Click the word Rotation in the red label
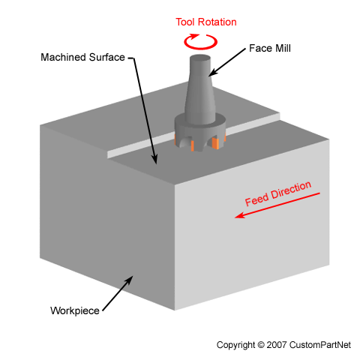(x=217, y=21)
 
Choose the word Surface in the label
(x=106, y=58)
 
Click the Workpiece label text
(x=74, y=310)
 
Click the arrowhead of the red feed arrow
(x=239, y=216)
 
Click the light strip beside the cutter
(x=142, y=146)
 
